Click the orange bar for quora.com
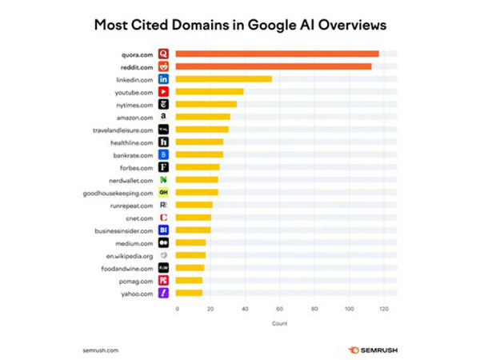pyautogui.click(x=277, y=54)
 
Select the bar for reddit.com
pyautogui.click(x=273, y=66)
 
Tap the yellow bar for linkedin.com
pyautogui.click(x=223, y=79)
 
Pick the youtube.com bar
pyautogui.click(x=209, y=92)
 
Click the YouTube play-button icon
pyautogui.click(x=163, y=92)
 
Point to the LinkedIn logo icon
pyautogui.click(x=163, y=79)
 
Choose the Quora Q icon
pyautogui.click(x=163, y=54)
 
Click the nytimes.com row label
pyautogui.click(x=134, y=104)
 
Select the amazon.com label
pyautogui.click(x=135, y=117)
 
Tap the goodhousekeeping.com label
pyautogui.click(x=118, y=193)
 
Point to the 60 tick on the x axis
pyautogui.click(x=280, y=308)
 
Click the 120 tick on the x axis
pyautogui.click(x=384, y=308)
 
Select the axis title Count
pyautogui.click(x=278, y=323)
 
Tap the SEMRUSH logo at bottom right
pyautogui.click(x=372, y=350)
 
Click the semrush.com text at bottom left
pyautogui.click(x=101, y=350)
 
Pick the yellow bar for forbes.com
pyautogui.click(x=197, y=167)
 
